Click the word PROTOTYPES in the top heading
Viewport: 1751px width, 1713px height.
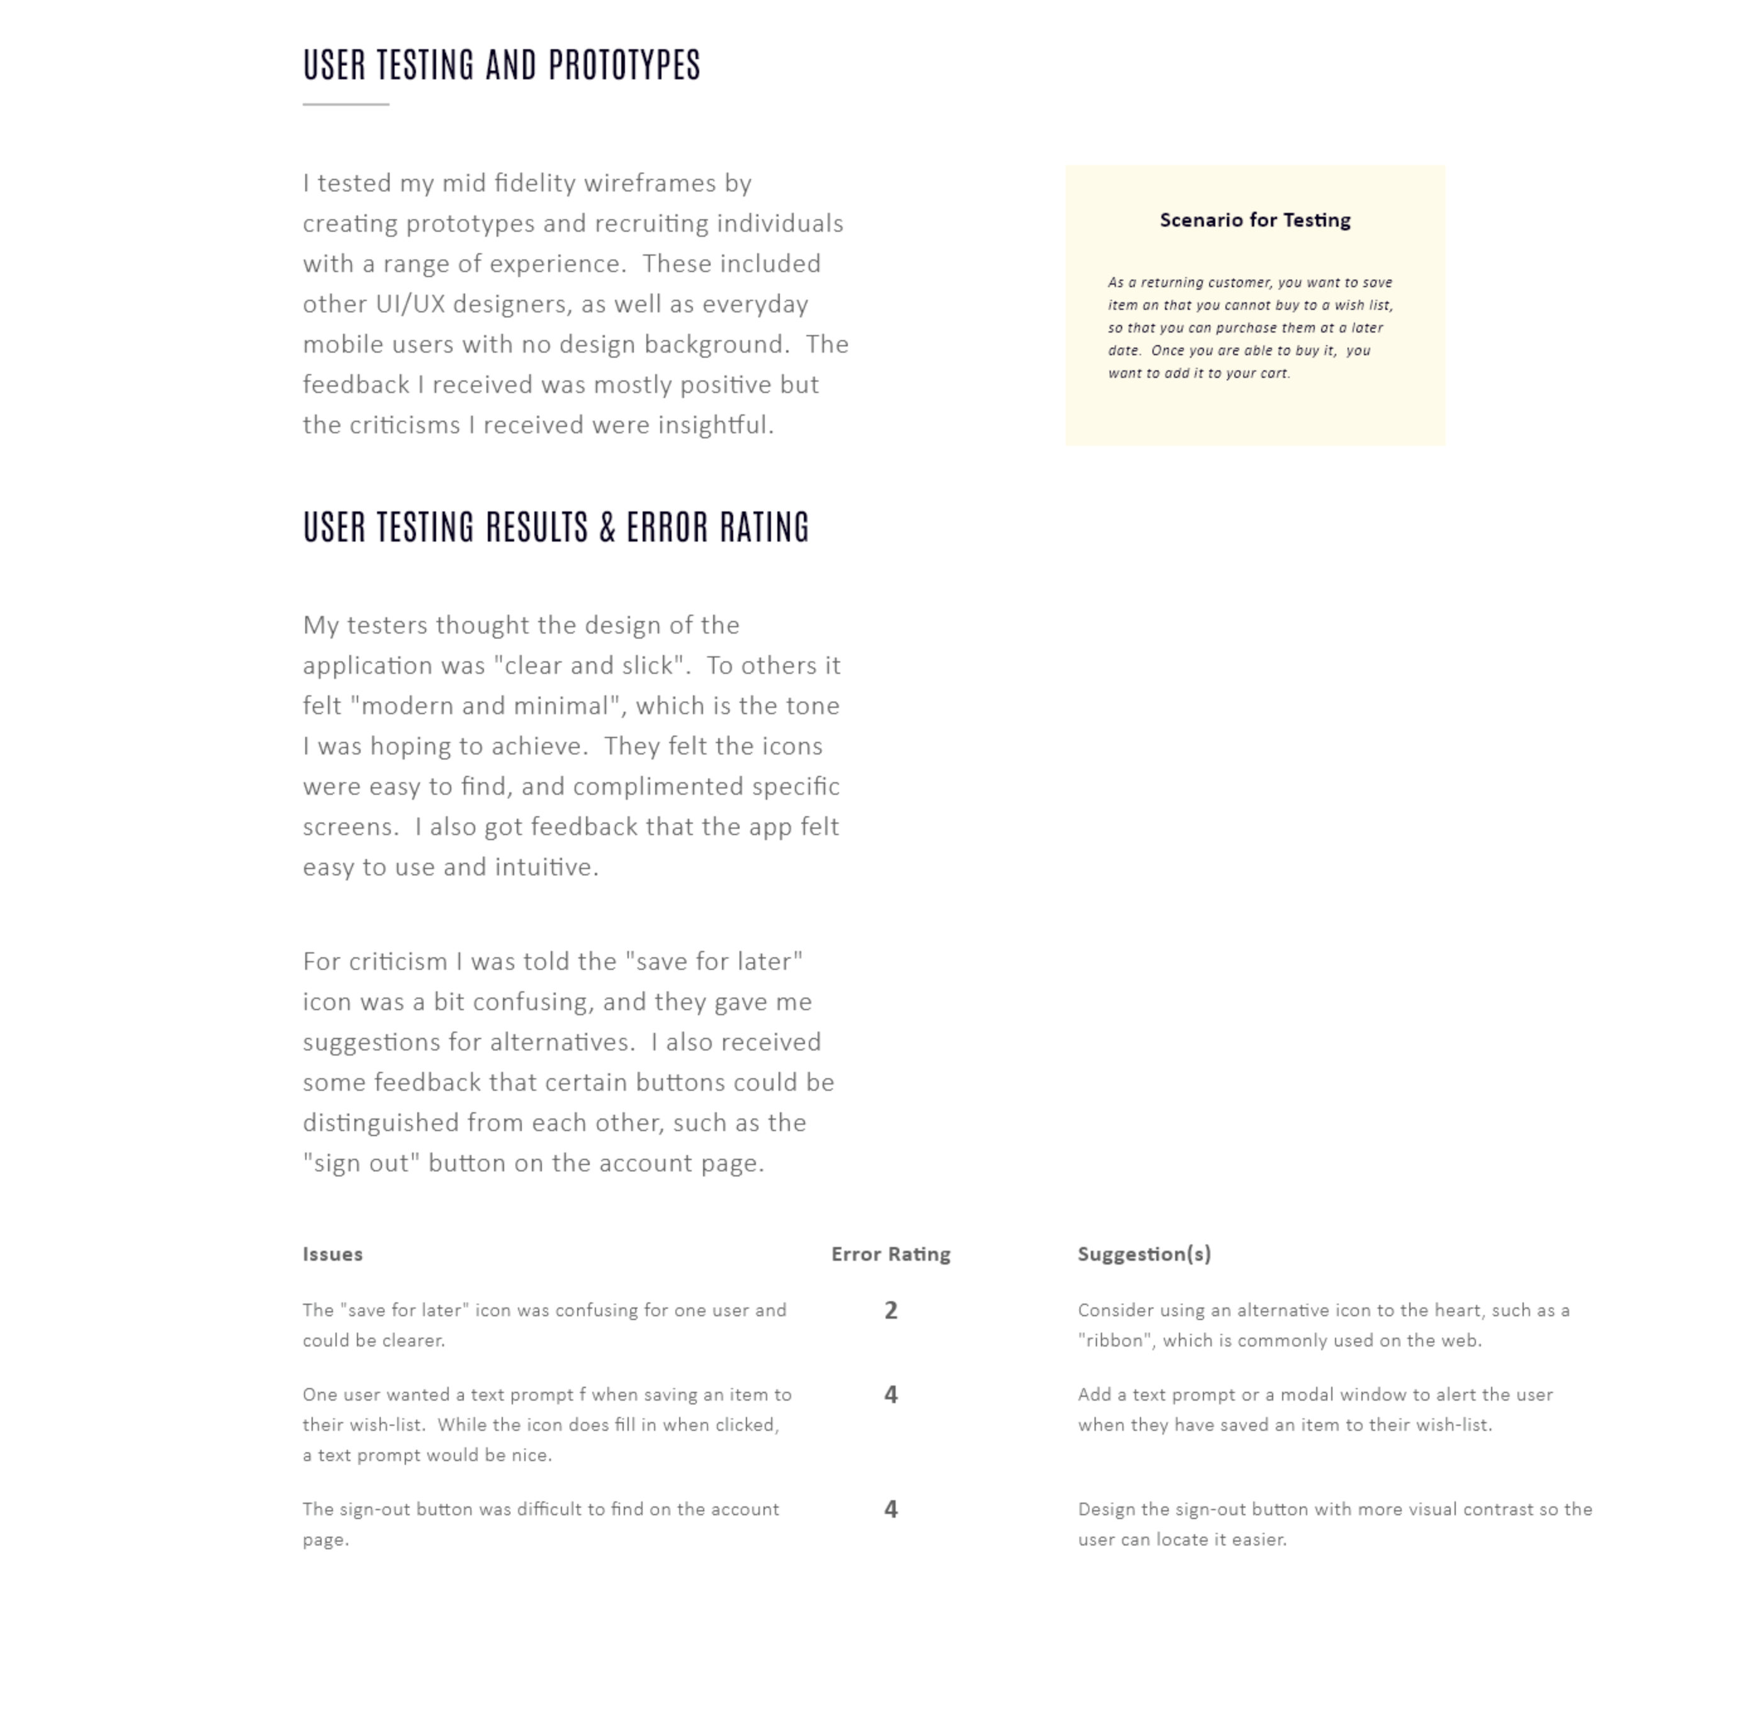624,65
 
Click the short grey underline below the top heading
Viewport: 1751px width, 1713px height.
346,105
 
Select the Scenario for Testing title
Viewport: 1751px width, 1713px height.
1254,220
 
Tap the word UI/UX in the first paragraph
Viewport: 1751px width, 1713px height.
410,304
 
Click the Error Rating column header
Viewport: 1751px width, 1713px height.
891,1254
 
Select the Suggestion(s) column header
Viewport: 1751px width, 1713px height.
1144,1254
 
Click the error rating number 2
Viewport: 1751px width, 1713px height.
891,1311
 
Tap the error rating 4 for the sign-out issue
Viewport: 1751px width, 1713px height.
891,1510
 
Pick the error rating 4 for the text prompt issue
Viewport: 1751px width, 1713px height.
891,1396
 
